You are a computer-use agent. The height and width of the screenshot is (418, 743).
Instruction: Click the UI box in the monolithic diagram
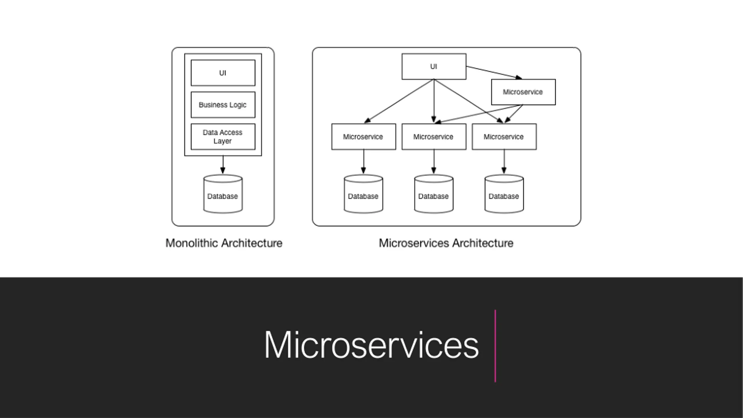[223, 73]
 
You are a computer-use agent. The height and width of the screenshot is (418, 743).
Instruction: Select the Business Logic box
[223, 105]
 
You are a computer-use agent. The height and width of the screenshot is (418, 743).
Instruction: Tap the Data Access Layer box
[223, 137]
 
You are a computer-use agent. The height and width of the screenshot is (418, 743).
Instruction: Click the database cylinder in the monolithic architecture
[223, 194]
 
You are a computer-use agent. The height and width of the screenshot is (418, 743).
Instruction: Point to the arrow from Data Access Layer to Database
[223, 165]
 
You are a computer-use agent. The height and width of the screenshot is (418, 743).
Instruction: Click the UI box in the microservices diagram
[434, 66]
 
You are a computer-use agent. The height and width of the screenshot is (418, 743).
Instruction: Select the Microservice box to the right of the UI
[523, 92]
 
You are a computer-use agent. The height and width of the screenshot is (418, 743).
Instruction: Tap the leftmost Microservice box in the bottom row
[364, 137]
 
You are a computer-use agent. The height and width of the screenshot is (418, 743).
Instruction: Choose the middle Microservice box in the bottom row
[434, 137]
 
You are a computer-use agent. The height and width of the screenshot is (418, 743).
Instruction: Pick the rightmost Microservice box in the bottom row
[504, 137]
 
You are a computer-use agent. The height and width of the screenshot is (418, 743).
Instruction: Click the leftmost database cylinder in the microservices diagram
[363, 194]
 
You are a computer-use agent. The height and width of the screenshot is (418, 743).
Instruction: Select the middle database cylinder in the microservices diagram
[434, 194]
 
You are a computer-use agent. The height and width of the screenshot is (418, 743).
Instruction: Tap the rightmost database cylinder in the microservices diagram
[504, 194]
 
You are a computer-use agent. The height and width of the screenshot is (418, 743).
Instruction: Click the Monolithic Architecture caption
[224, 243]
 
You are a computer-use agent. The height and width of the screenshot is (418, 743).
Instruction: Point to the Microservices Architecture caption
[446, 243]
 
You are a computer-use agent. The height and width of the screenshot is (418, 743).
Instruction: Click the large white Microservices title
[371, 345]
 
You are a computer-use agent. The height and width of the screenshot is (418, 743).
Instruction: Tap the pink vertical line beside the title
[495, 346]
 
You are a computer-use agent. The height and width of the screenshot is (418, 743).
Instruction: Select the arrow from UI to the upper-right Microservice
[494, 73]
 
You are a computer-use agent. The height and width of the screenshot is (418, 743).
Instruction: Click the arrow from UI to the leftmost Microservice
[399, 101]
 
